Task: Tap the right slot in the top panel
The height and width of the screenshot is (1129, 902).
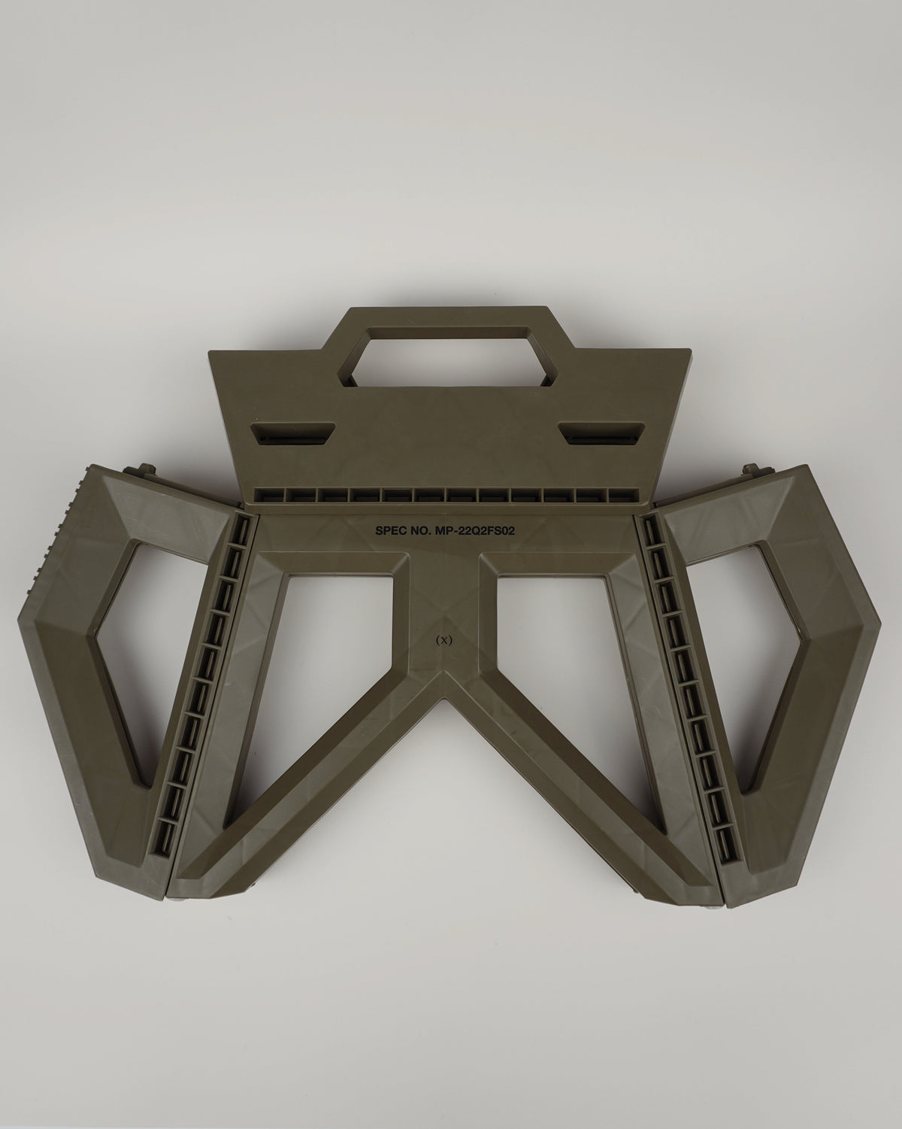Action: tap(601, 433)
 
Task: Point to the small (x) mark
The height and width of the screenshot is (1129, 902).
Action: tap(443, 641)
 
